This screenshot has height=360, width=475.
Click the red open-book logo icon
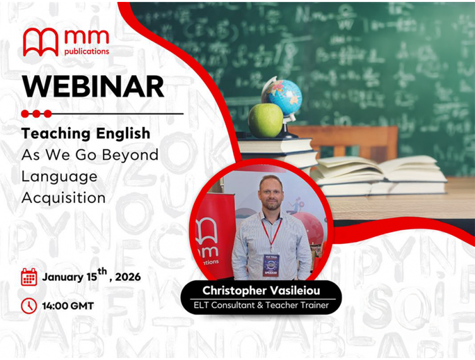40,42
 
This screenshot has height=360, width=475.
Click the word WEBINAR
93,86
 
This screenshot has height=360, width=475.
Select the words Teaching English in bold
86,133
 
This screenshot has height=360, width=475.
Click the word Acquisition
63,197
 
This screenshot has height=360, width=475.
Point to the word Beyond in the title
130,155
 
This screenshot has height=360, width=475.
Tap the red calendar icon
29,277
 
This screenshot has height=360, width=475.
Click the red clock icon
29,306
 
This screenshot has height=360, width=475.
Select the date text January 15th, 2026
92,276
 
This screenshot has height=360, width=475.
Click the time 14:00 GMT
68,306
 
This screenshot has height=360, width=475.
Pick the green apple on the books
265,120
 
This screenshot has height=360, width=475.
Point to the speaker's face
271,193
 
